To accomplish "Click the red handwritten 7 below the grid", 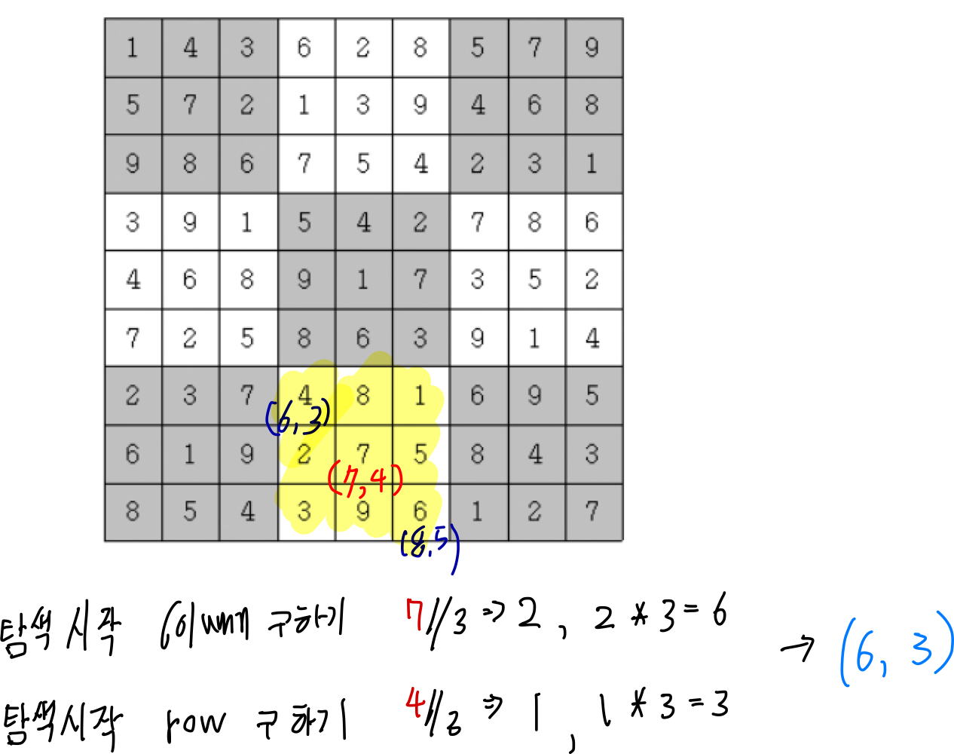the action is [414, 614].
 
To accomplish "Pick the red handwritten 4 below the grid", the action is [414, 702].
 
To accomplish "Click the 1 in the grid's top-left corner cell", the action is [133, 48].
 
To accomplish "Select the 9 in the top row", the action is [592, 48].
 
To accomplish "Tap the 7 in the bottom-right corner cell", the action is [592, 511].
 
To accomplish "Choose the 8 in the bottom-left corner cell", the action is [133, 511].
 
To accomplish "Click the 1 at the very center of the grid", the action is [362, 280].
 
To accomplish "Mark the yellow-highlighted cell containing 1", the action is [420, 395].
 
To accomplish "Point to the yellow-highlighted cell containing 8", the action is [362, 395].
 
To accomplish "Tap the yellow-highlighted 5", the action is [420, 453].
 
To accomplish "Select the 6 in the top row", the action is [304, 48].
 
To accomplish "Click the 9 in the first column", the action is [133, 164].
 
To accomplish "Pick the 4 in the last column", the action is [592, 338].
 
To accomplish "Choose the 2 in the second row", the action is [247, 106].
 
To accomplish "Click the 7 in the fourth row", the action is [477, 222].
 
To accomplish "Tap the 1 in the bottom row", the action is [477, 511].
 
